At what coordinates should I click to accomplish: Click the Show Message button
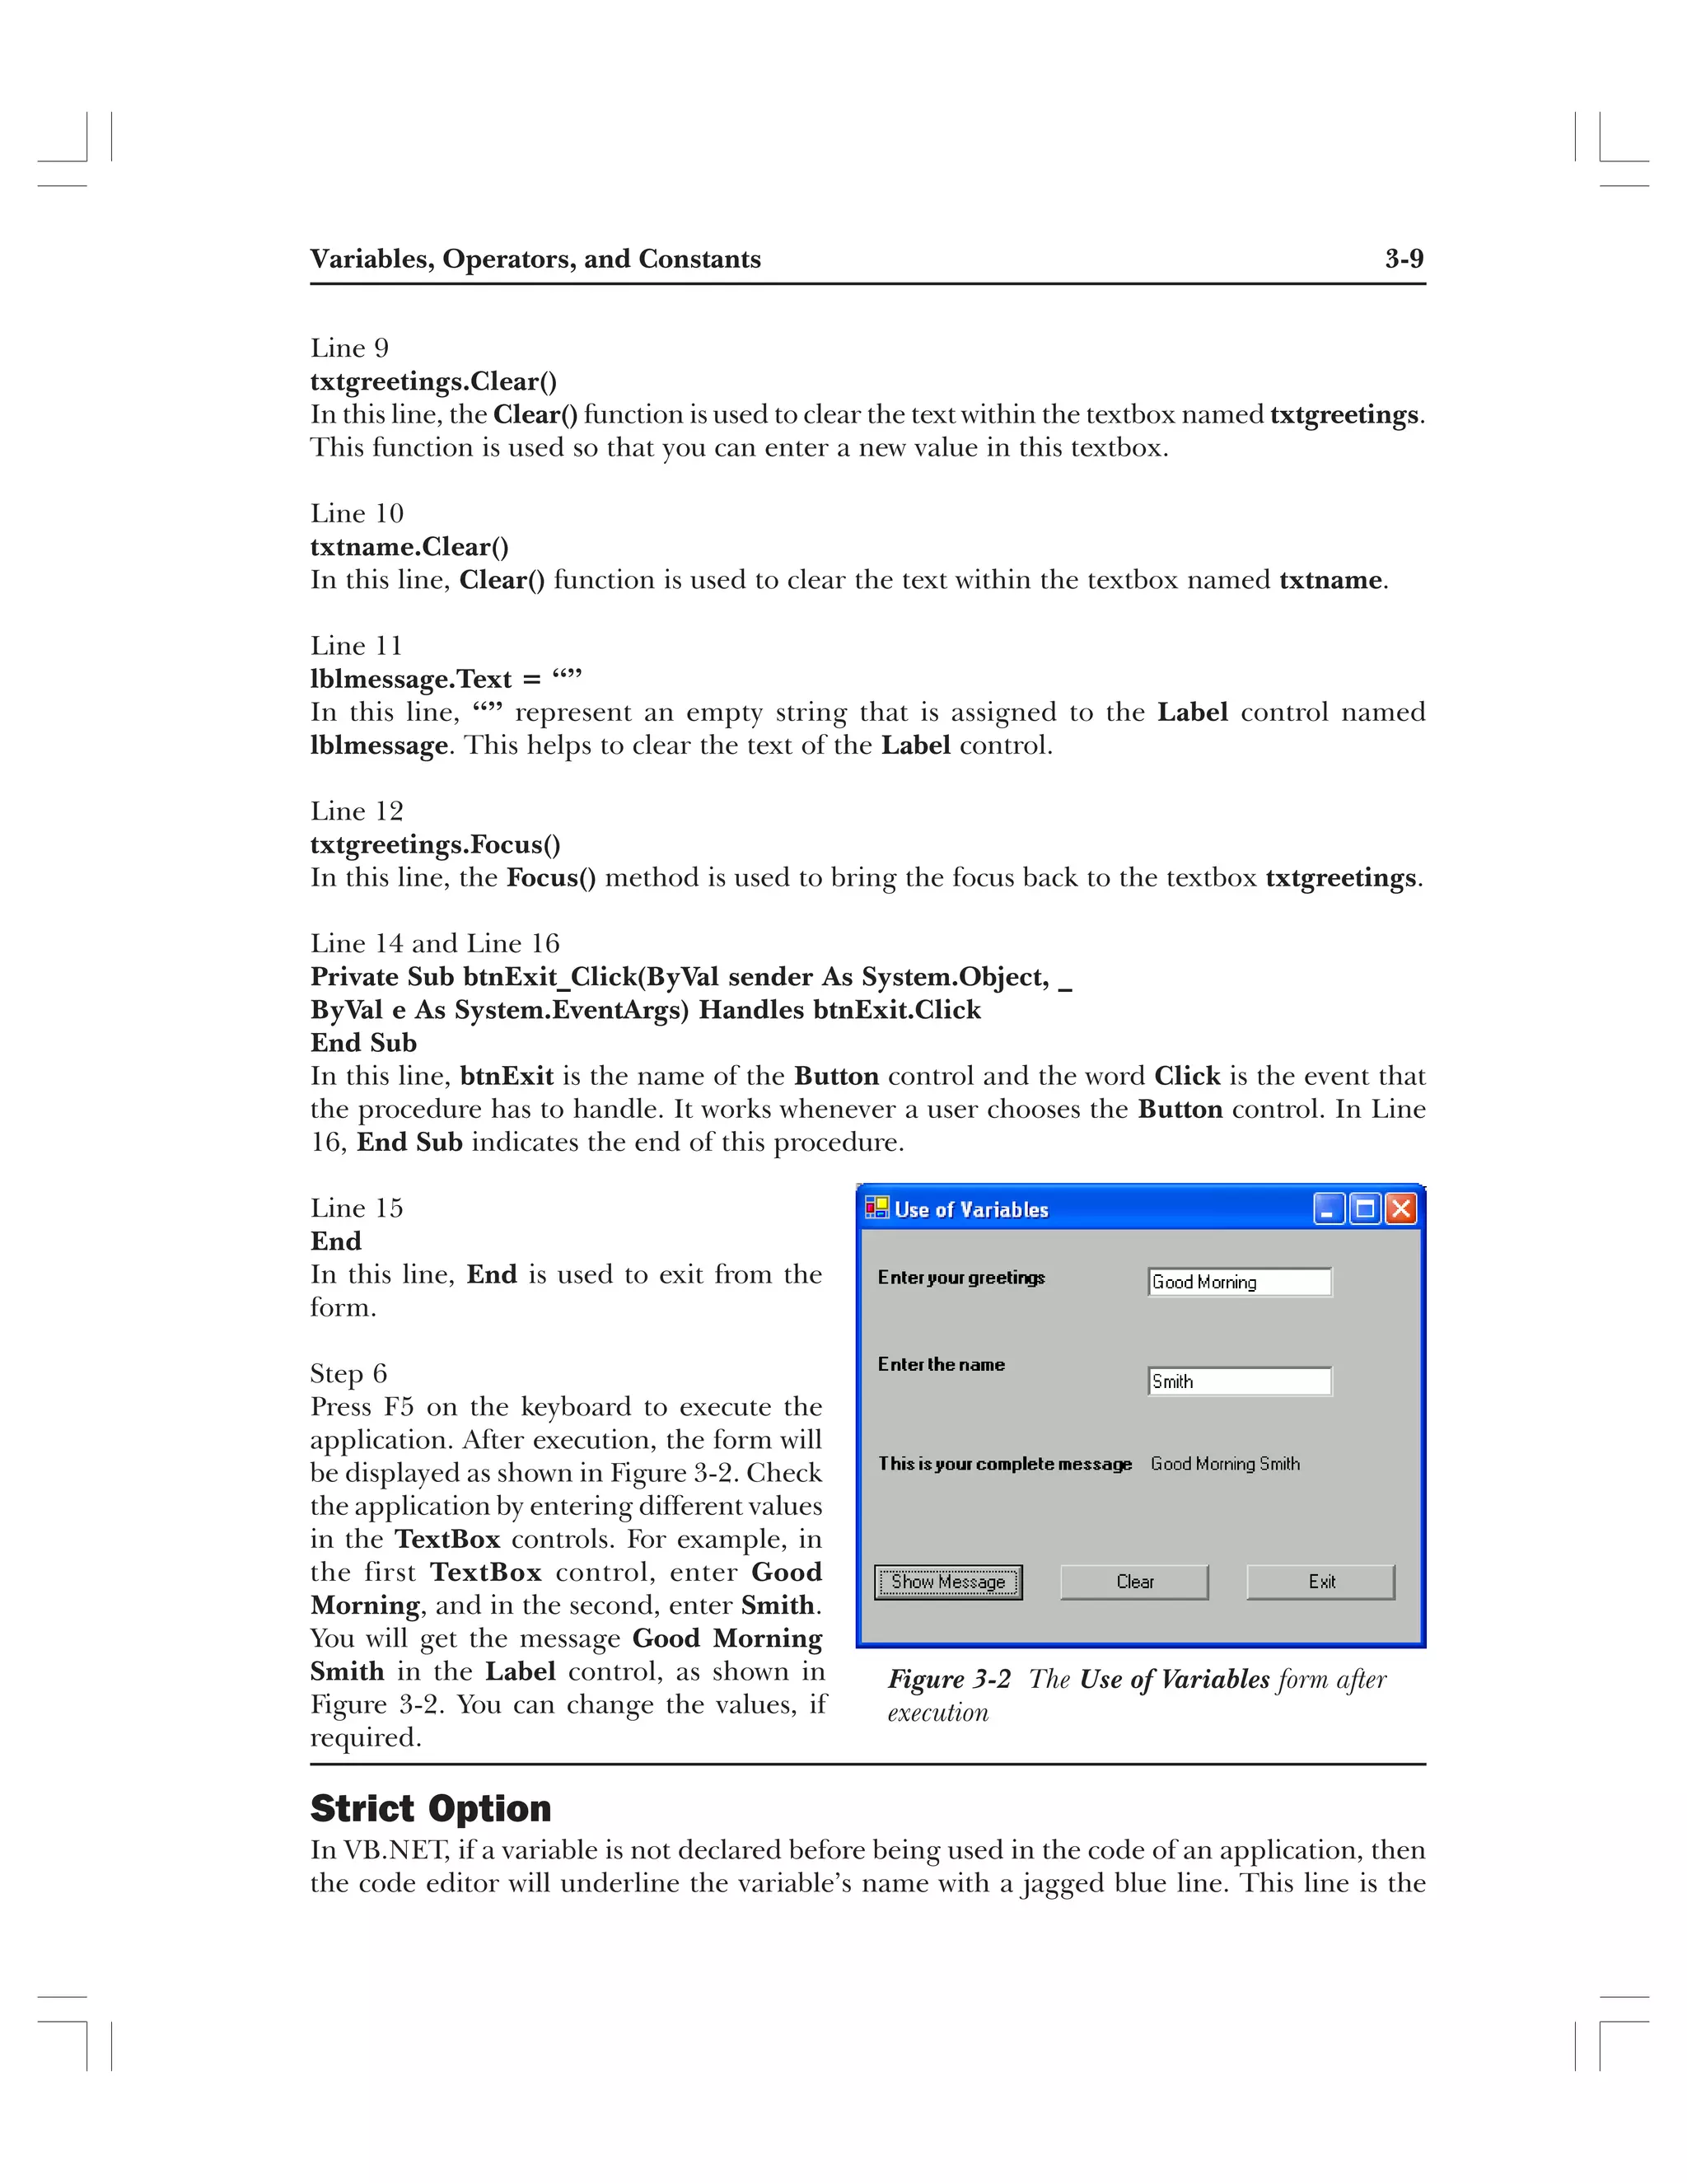click(x=947, y=1582)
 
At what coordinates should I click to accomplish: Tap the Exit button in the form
click(x=1320, y=1582)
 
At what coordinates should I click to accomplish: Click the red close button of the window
click(x=1401, y=1209)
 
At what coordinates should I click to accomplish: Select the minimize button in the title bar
click(x=1328, y=1209)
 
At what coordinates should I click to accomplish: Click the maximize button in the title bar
click(x=1364, y=1209)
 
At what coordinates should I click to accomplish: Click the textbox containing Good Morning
click(x=1239, y=1283)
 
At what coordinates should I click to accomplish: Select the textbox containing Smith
click(x=1239, y=1381)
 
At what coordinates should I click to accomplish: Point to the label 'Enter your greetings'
click(x=961, y=1278)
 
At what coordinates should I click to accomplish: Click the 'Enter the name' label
click(x=942, y=1364)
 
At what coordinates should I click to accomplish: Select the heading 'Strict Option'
click(x=431, y=1808)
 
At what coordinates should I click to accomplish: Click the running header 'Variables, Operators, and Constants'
click(x=535, y=259)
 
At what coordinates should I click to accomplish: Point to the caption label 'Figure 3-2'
click(x=950, y=1679)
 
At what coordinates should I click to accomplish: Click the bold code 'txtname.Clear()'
click(x=409, y=547)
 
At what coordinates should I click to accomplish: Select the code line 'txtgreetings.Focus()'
click(x=435, y=844)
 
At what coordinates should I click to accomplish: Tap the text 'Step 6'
click(x=348, y=1373)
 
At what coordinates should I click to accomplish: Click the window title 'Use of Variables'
click(x=971, y=1209)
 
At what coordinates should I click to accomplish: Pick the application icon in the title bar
click(x=877, y=1208)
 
